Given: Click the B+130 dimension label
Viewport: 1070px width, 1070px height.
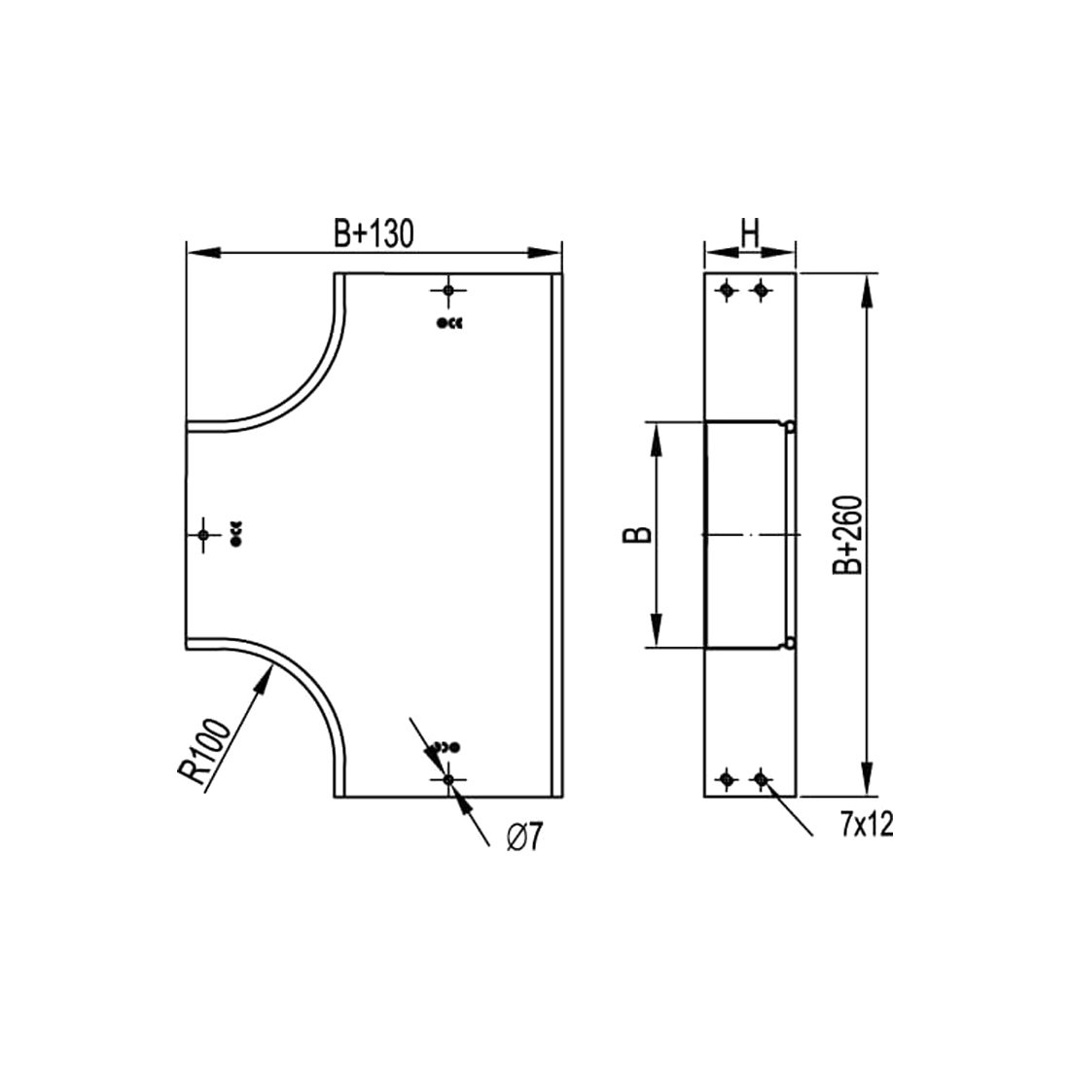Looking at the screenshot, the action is click(374, 233).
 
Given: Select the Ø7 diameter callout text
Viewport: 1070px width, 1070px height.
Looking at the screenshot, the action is click(523, 838).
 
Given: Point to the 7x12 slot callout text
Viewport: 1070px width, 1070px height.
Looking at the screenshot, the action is click(867, 826).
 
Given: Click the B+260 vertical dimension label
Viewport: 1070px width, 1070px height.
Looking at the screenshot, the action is click(848, 534).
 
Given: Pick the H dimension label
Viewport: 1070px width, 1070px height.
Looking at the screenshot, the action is click(750, 233).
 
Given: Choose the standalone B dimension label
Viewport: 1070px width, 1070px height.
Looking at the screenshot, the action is click(637, 534).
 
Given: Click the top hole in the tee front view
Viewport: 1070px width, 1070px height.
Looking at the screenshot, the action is click(448, 291).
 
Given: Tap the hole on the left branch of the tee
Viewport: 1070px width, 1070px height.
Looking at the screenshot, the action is click(202, 534).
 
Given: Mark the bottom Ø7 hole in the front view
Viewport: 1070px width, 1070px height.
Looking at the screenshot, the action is click(448, 779).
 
